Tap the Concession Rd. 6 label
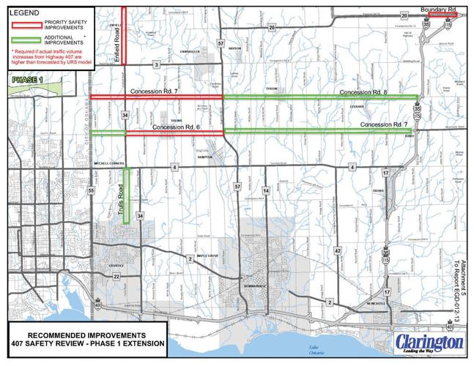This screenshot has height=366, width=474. [177, 127]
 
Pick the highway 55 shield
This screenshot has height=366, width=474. [91, 190]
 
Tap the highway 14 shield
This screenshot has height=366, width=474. [267, 190]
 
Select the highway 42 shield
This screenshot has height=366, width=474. [338, 250]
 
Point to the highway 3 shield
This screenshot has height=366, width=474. [156, 65]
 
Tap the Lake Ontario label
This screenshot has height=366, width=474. [313, 348]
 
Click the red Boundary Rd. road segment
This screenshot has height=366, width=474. [442, 15]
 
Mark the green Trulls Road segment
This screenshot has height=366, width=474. [126, 195]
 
